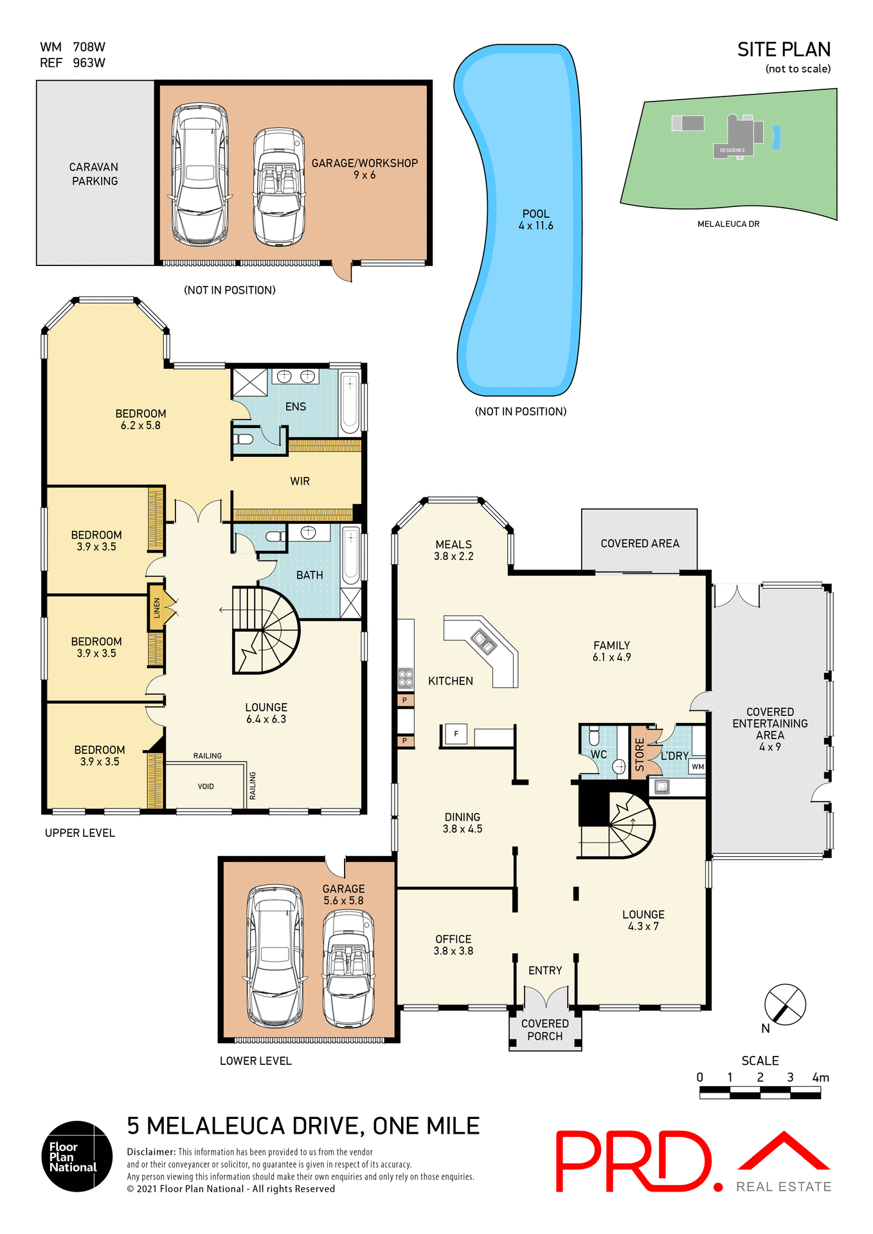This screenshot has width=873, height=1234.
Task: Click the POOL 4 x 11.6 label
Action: tap(535, 220)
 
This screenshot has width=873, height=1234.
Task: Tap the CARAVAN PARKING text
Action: tap(94, 174)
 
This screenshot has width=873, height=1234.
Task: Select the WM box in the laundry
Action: tap(697, 767)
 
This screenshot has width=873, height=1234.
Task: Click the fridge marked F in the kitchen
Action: tap(456, 734)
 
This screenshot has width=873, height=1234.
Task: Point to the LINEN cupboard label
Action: tap(157, 607)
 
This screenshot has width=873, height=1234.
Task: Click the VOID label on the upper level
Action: tap(206, 787)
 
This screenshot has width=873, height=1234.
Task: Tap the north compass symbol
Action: tap(785, 1004)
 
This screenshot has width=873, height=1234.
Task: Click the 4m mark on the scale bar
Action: tap(820, 1078)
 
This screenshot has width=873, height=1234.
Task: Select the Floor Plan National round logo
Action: tap(77, 1156)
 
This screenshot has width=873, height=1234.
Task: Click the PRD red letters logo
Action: tap(633, 1161)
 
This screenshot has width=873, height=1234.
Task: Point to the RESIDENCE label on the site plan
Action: tap(732, 150)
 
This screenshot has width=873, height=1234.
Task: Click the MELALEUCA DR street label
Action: tap(728, 224)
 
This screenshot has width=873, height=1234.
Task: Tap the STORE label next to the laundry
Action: tap(639, 754)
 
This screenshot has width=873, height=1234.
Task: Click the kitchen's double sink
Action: tap(483, 641)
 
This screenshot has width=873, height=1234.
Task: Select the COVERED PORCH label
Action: tap(544, 1030)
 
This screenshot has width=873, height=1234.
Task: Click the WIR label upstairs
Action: tap(300, 481)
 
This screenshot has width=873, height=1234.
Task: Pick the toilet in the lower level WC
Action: tap(594, 736)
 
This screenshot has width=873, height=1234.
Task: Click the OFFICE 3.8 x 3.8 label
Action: tap(453, 945)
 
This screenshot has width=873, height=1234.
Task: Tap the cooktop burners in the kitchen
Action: tap(405, 678)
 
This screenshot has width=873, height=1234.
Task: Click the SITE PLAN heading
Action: tap(784, 50)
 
